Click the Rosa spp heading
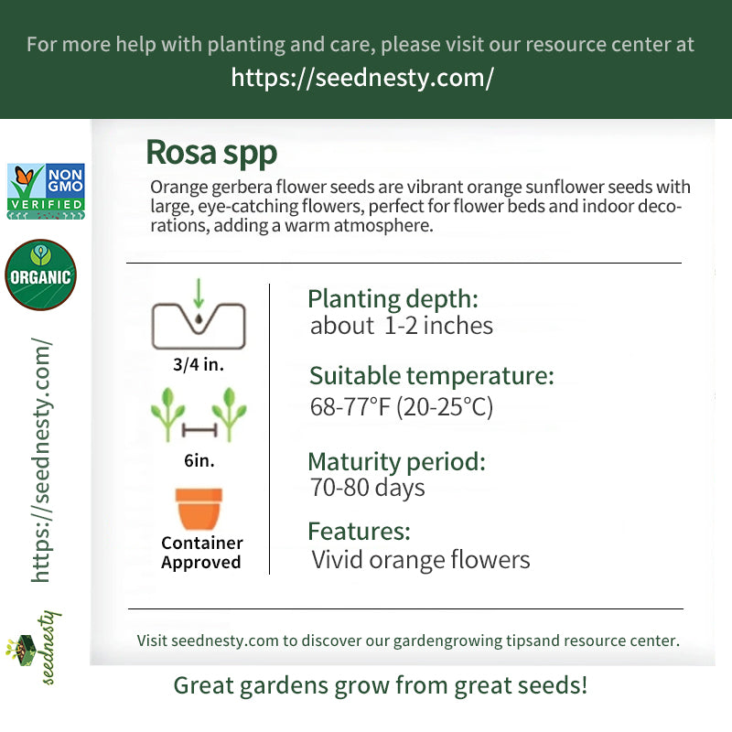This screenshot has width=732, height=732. coord(211,153)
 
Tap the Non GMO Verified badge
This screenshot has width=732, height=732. coord(46,191)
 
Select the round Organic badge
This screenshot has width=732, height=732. coord(40,275)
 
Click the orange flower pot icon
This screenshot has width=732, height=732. coord(199,509)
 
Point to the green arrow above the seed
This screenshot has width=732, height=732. coord(199,293)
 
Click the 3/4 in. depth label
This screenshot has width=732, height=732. coord(199,364)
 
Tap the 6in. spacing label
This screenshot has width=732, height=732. coord(199,461)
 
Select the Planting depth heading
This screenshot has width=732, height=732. coord(393,300)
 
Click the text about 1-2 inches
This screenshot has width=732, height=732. coord(402,326)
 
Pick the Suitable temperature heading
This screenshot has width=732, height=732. coord(432,376)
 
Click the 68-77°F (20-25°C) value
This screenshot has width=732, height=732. coord(402,406)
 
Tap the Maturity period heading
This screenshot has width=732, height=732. coord(397,462)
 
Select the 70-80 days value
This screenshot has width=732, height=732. coord(368,488)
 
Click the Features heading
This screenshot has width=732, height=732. coord(359,532)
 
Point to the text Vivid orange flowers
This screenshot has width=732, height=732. coord(421,560)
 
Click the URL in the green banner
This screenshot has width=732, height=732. coord(362,78)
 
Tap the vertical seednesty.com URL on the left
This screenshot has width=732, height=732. coord(41,460)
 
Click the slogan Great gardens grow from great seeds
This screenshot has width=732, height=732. coord(381,685)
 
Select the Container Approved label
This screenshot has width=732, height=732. coord(201,553)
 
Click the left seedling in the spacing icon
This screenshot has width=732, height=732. coord(167,414)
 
